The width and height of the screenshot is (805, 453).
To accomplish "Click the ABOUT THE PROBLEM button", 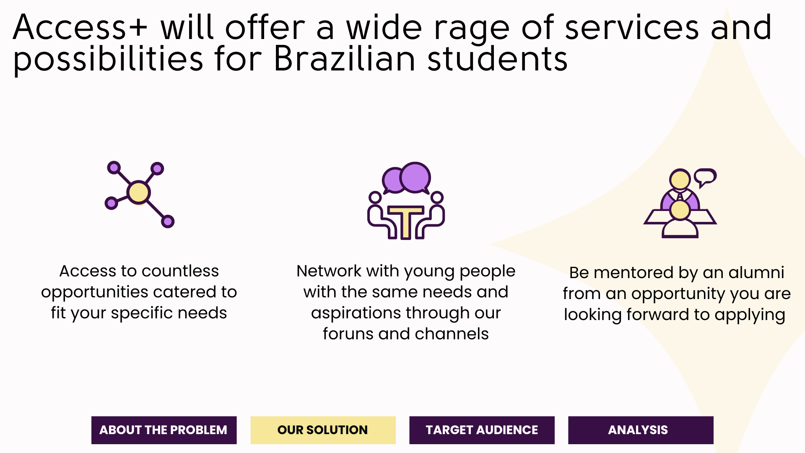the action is click(x=164, y=430).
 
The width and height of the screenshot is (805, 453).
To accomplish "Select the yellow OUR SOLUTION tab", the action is click(x=323, y=430).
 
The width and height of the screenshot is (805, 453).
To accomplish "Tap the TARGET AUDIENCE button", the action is click(x=482, y=430).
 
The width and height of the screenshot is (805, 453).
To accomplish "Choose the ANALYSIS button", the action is click(x=641, y=430).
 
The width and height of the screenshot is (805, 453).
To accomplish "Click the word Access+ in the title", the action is click(x=80, y=28).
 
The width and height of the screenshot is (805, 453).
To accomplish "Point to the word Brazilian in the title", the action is click(x=345, y=58).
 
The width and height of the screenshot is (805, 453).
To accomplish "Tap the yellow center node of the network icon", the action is click(x=138, y=193).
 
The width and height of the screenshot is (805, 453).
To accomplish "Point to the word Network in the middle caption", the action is click(x=329, y=271).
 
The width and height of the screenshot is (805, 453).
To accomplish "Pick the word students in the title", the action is click(x=497, y=58).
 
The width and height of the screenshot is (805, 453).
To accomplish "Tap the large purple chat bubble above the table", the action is click(x=415, y=177).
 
